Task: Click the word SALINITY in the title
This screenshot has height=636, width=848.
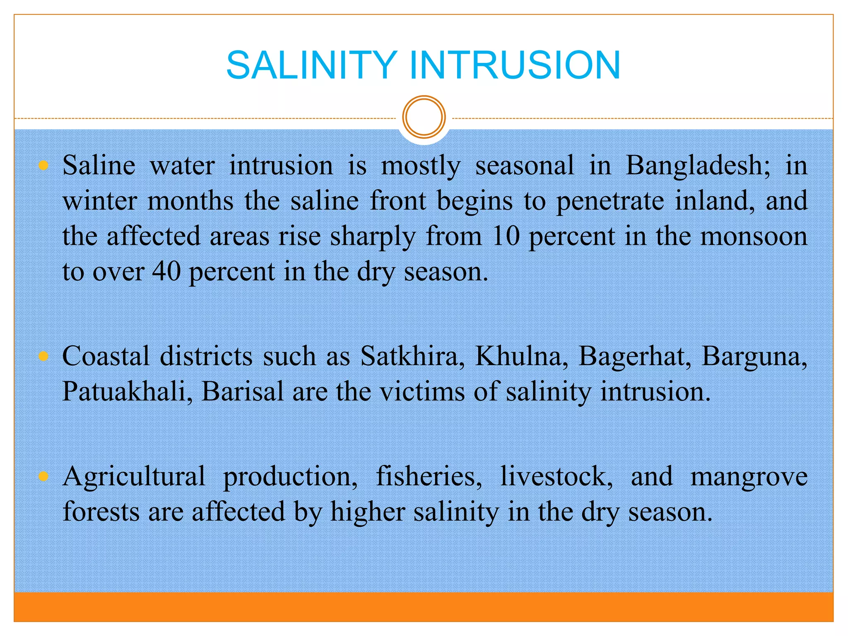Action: click(x=312, y=65)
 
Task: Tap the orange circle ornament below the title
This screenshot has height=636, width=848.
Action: click(x=424, y=117)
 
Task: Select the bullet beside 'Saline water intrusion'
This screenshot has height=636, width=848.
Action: click(x=43, y=166)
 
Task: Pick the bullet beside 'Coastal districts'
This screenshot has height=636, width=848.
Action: click(x=43, y=357)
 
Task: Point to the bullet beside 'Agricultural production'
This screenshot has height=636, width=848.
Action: click(x=43, y=477)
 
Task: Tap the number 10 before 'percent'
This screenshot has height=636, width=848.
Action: click(x=506, y=236)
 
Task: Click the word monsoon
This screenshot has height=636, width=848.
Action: click(x=754, y=236)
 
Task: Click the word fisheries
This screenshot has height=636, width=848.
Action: click(x=429, y=476)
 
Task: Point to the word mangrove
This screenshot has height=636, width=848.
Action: click(x=749, y=477)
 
